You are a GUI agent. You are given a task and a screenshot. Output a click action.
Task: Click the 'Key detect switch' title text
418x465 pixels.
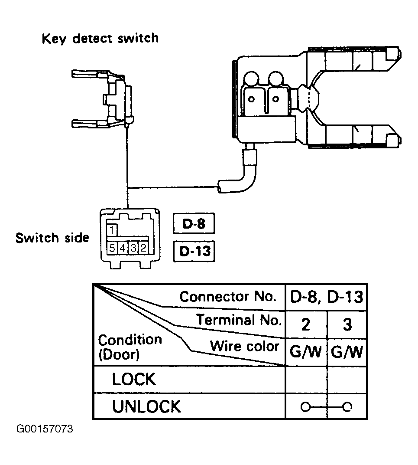[100, 39]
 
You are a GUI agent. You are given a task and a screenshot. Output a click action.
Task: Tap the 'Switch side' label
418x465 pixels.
[52, 238]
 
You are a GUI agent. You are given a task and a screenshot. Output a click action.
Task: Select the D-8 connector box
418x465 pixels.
[194, 223]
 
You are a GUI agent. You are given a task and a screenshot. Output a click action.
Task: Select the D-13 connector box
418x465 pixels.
[194, 251]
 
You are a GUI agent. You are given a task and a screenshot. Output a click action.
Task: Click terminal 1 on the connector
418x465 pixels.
[112, 230]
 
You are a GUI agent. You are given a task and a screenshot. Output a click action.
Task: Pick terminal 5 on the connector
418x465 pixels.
[112, 248]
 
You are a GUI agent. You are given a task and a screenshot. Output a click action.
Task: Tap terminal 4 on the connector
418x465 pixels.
[122, 248]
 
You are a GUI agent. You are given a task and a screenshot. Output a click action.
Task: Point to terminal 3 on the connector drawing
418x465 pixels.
[133, 248]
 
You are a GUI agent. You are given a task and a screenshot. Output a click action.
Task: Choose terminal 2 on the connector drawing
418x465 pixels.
[143, 248]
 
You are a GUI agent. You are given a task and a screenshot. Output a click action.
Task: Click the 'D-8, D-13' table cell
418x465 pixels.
[326, 297]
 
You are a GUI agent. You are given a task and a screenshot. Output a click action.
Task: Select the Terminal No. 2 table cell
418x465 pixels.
[306, 324]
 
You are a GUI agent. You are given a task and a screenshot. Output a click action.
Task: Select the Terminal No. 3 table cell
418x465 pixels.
[347, 324]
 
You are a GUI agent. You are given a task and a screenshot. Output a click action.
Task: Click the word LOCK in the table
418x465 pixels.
[133, 379]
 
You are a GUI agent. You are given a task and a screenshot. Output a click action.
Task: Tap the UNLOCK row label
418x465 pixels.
[146, 406]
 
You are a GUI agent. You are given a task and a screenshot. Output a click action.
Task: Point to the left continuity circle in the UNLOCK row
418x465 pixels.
[305, 407]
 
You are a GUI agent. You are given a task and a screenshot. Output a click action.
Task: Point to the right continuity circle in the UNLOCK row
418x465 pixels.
[347, 407]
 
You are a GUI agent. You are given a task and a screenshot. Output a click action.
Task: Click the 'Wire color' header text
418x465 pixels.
[245, 346]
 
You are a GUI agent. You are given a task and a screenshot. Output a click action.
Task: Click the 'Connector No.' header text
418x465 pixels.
[228, 296]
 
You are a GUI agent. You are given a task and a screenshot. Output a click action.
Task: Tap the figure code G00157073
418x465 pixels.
[45, 429]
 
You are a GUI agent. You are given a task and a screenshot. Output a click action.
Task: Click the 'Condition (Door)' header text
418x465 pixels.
[130, 347]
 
